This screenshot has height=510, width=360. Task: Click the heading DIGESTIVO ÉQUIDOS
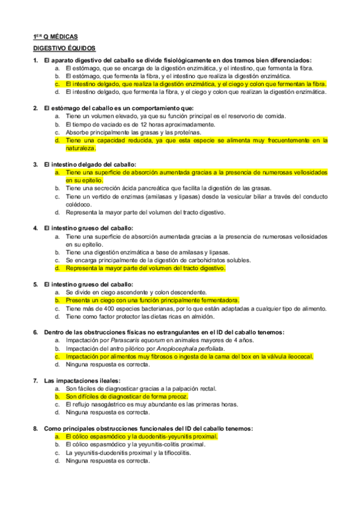64,48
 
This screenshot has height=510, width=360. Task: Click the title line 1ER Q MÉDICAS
55,36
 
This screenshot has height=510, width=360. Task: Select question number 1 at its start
35,61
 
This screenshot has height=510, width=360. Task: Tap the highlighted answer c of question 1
196,84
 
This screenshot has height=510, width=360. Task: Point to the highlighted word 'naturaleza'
81,148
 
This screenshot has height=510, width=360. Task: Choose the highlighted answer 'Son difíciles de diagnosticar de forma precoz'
127,396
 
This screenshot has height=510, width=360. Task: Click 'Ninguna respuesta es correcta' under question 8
108,461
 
